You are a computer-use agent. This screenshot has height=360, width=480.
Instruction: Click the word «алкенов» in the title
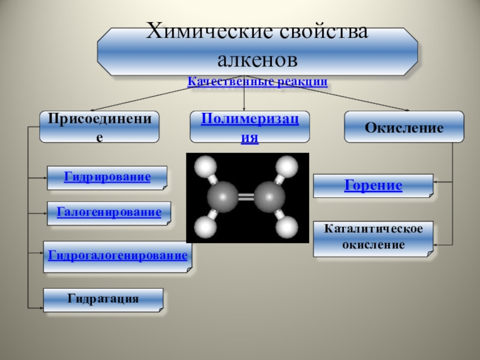tap(257, 60)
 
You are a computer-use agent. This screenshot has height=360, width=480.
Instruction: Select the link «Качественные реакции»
tap(257, 82)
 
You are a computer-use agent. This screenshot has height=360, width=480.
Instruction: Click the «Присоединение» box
tap(100, 126)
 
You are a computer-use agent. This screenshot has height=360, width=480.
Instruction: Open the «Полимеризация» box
tap(250, 126)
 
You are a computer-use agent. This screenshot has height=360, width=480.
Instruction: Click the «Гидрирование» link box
tap(107, 177)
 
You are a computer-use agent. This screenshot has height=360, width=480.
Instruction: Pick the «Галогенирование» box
tap(109, 212)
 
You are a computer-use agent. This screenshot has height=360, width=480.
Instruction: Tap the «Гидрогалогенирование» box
tap(118, 256)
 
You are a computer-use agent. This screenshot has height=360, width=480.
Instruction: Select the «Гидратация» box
tap(103, 299)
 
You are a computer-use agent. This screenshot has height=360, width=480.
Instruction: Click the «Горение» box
tap(373, 185)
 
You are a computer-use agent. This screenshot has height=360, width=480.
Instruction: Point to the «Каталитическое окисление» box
tap(373, 238)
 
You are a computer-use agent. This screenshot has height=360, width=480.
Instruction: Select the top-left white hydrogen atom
tap(206, 164)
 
